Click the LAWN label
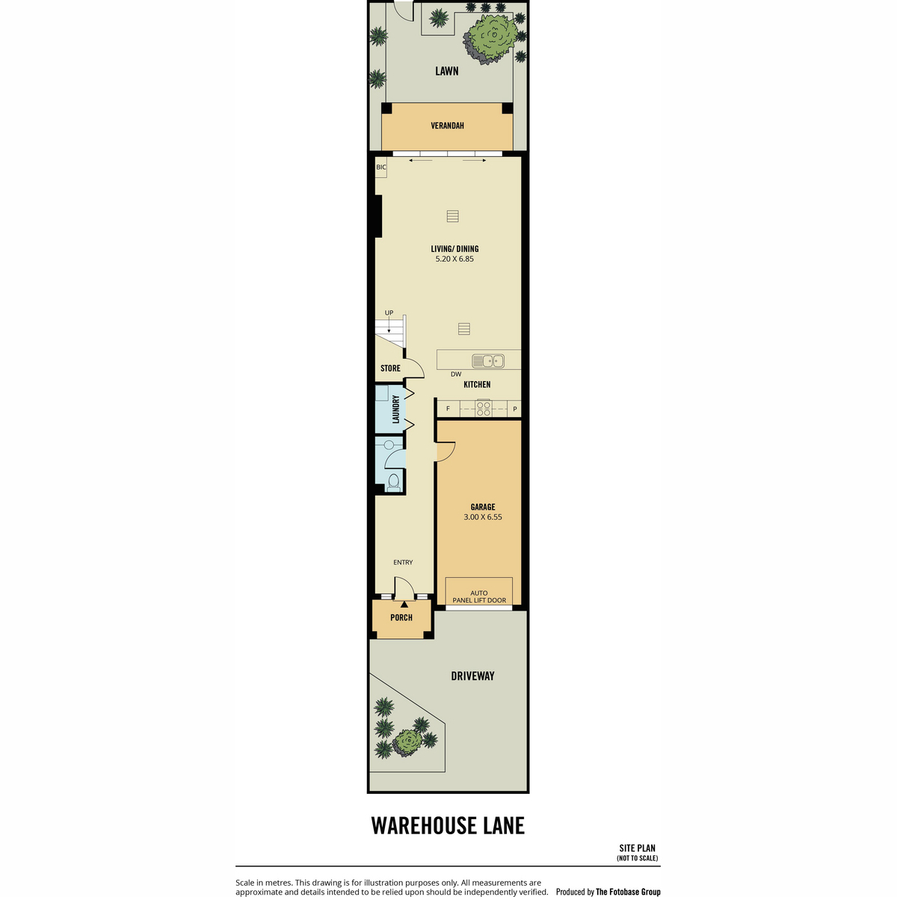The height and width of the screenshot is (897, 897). pos(447,71)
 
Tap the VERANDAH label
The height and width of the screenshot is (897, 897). pos(447,126)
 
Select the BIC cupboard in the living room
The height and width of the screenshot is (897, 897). pos(381,167)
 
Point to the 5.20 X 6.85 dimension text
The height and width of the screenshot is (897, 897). pos(454,259)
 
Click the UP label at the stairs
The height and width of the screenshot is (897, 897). pos(389,313)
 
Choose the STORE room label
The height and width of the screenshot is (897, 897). pos(390,369)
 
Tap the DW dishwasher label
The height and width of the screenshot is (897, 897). pos(456,374)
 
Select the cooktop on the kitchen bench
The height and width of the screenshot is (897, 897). pos(484,408)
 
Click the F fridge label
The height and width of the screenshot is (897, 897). pos(448,409)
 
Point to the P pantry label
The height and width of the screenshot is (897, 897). pos(514,409)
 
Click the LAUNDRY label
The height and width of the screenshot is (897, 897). pos(396,409)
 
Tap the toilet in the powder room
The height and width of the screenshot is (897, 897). pos(393,481)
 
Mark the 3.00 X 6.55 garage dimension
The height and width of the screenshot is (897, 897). pos(482,517)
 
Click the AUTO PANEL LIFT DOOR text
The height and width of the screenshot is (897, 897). pos(479,597)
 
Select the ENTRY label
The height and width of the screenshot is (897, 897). pos(403,562)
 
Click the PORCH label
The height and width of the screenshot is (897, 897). pos(401,617)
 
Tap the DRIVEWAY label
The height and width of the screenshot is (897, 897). pos(472,676)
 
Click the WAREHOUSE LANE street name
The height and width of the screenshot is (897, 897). pos(448,825)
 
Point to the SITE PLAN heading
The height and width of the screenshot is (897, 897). pos(637,848)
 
